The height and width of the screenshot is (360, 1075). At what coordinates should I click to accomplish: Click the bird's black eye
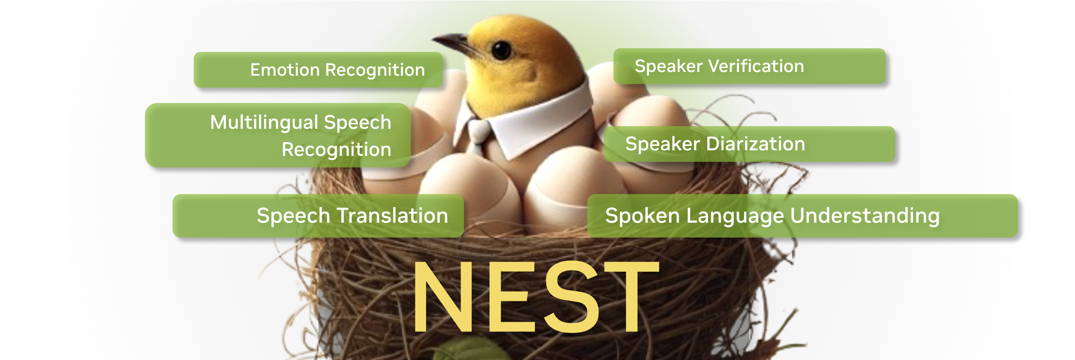(x=501, y=50)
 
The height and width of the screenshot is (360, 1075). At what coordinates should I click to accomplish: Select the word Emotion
(x=285, y=70)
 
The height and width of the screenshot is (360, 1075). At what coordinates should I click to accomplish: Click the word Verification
(x=756, y=66)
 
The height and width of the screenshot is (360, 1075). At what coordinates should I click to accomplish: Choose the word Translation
(x=392, y=216)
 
